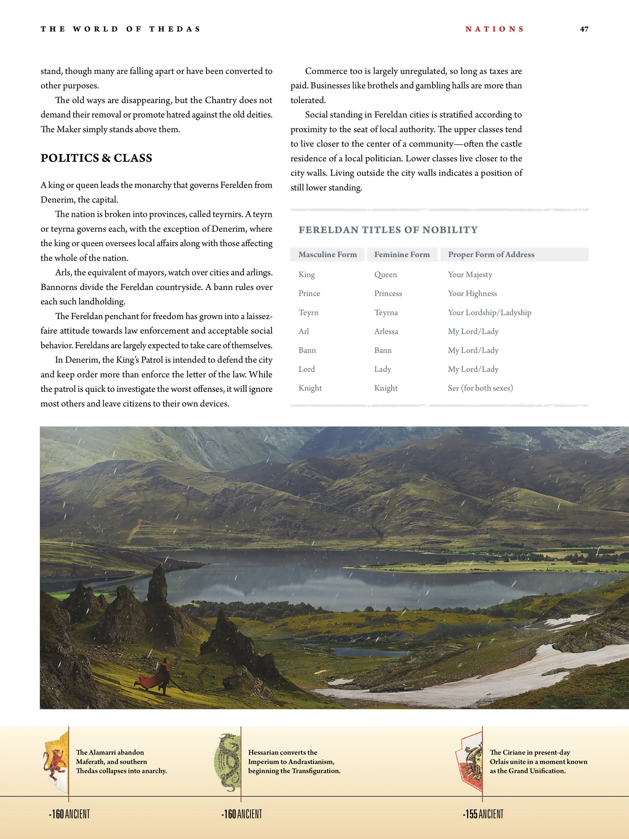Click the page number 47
(584, 29)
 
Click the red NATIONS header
(494, 29)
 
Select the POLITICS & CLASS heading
(96, 158)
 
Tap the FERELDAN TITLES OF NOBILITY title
(388, 230)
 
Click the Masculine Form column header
(327, 255)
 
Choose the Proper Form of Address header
(491, 255)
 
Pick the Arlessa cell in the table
(386, 332)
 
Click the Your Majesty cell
(470, 275)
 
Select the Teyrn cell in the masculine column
(308, 313)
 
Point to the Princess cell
(388, 294)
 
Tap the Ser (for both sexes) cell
(480, 388)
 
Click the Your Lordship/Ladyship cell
(489, 313)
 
